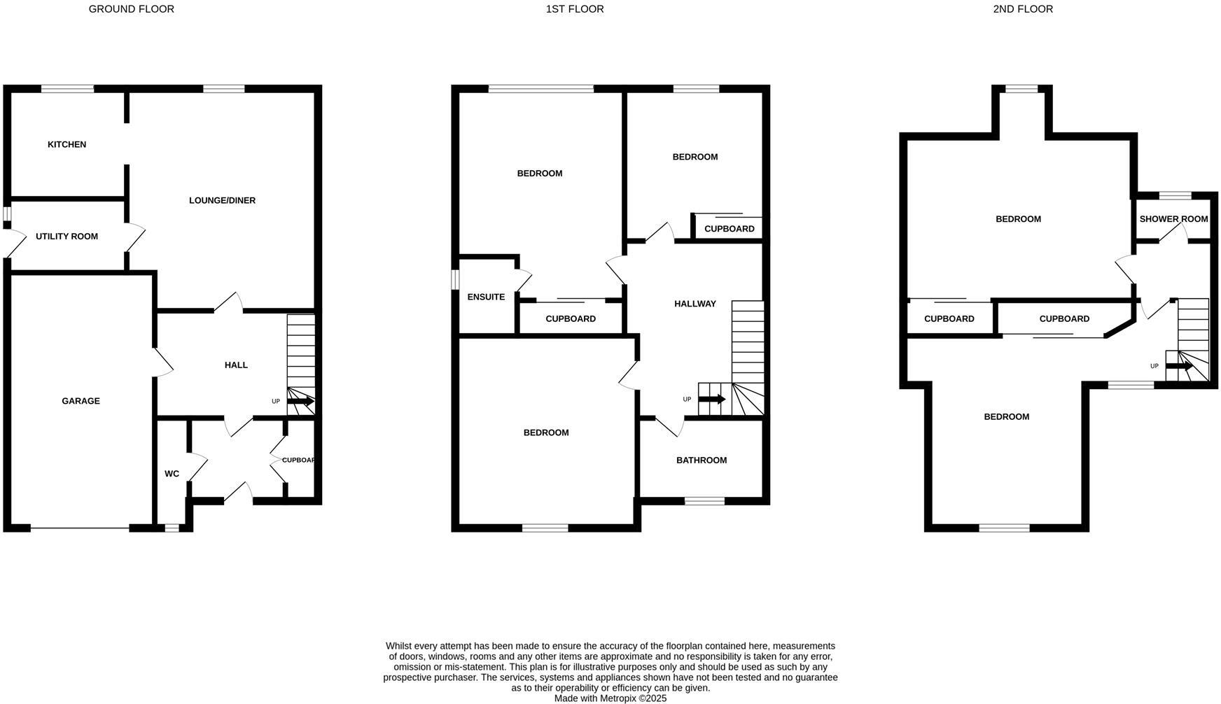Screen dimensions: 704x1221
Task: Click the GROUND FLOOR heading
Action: tap(131, 9)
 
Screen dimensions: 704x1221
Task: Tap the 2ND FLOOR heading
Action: tap(1022, 9)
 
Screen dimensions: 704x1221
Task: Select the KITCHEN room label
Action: tap(67, 144)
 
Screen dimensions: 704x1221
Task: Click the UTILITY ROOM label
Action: tap(67, 237)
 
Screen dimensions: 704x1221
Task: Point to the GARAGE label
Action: tap(81, 401)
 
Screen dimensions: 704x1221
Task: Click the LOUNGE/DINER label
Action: tap(222, 201)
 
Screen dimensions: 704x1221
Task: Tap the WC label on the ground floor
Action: tap(172, 474)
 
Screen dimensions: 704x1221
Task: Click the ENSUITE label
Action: tap(486, 297)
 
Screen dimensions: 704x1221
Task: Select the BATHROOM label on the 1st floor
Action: tap(701, 460)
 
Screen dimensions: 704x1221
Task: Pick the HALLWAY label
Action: tap(695, 304)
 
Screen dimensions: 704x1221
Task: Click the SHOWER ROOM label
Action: tap(1173, 219)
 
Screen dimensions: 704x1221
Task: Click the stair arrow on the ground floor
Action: tap(300, 401)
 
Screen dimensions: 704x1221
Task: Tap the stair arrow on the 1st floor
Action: tap(712, 399)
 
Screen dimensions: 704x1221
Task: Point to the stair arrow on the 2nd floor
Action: tap(1179, 366)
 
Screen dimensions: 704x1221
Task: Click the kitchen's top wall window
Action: tap(67, 89)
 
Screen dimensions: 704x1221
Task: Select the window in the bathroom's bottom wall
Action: tap(704, 500)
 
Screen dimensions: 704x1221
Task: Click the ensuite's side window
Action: tap(454, 279)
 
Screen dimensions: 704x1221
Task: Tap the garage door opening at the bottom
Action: tap(80, 528)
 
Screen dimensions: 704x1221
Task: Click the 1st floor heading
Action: tap(574, 9)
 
